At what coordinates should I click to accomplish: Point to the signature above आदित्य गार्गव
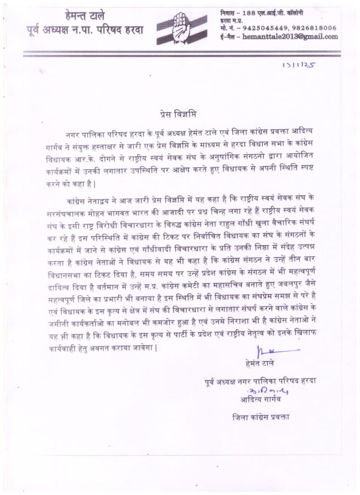coord(264,391)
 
